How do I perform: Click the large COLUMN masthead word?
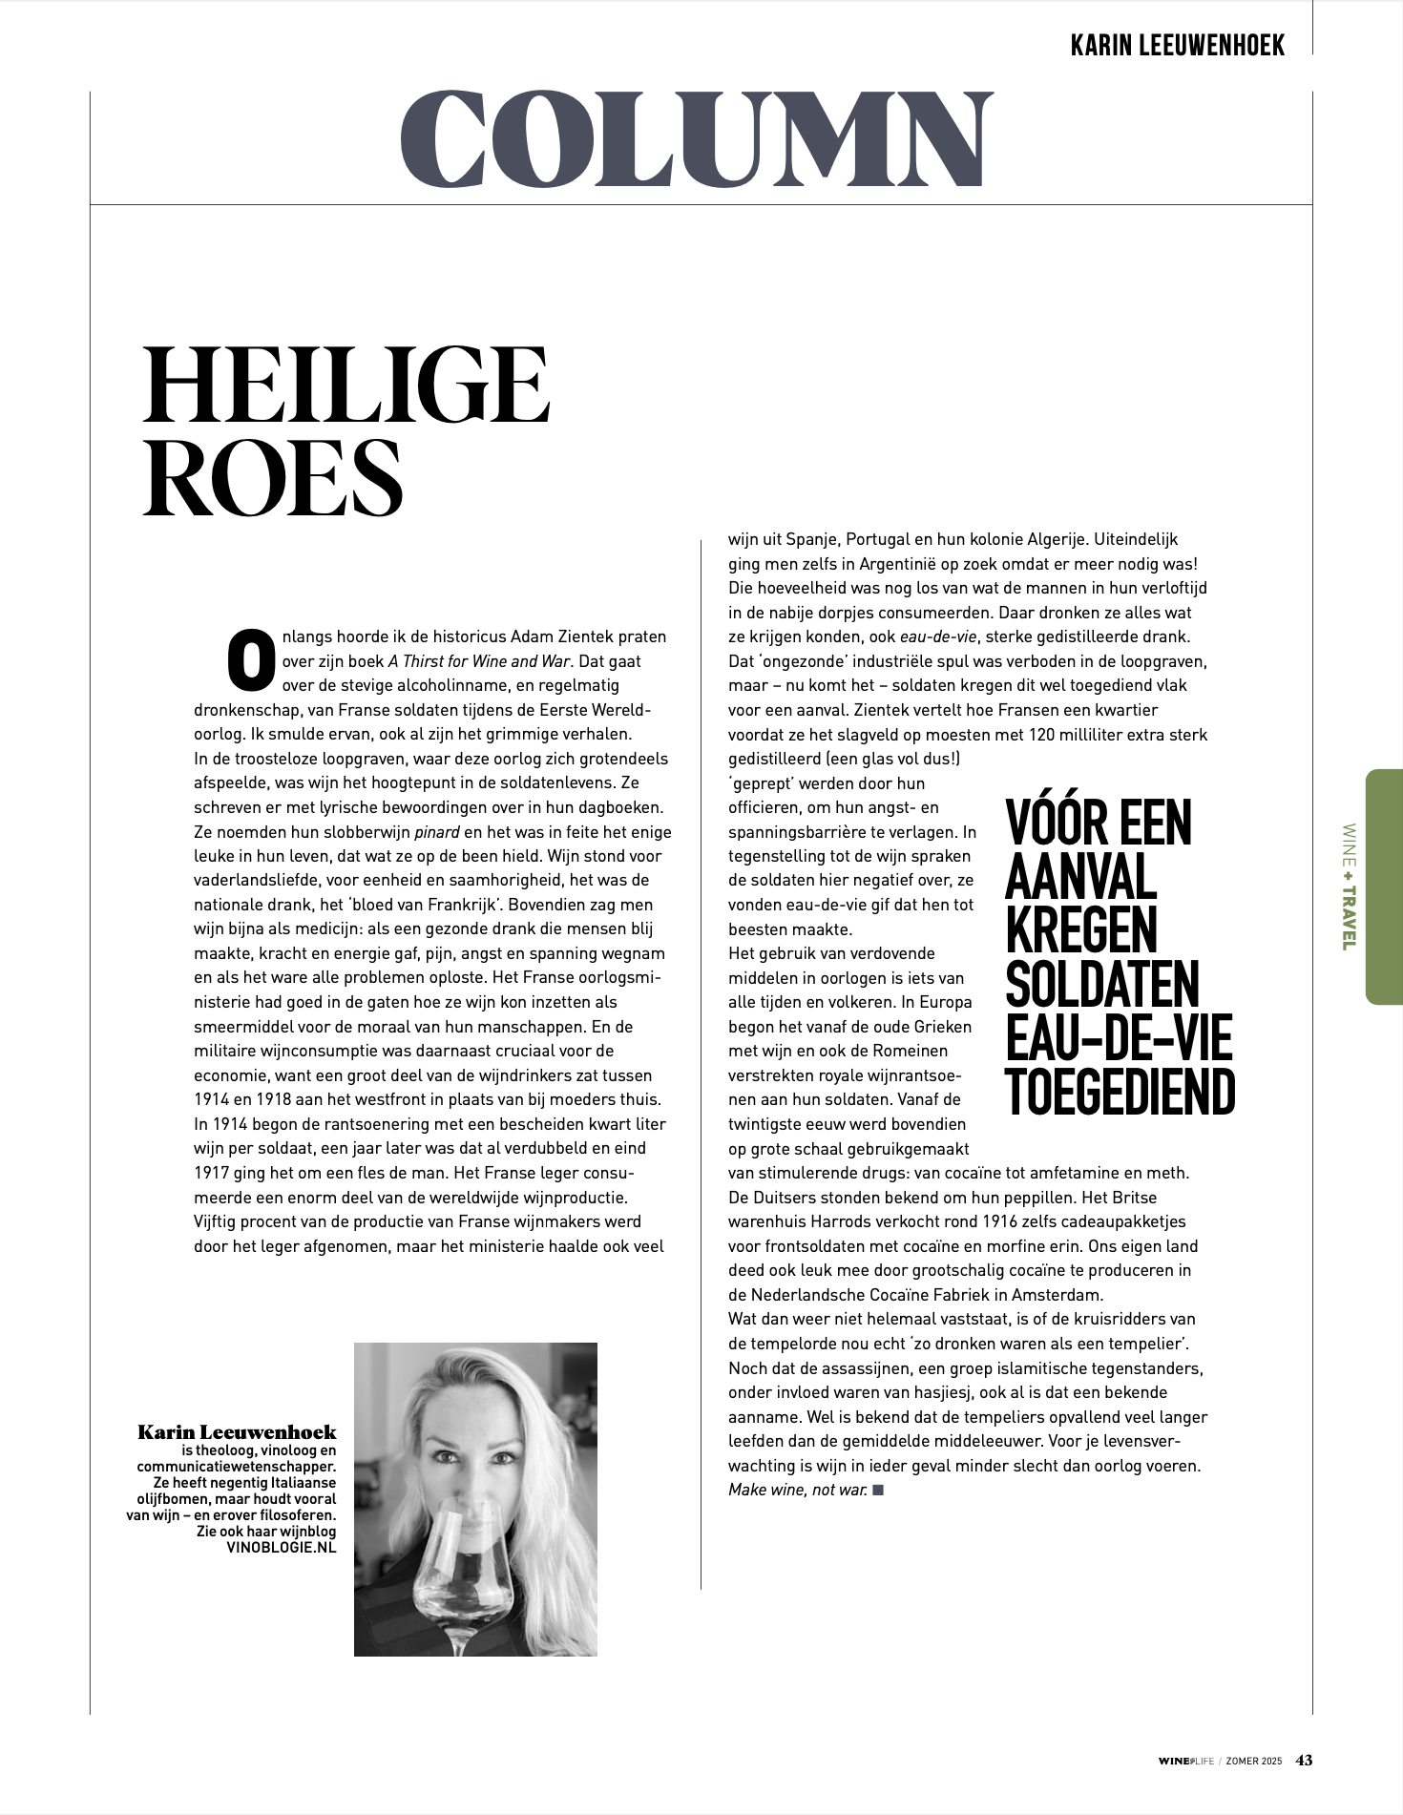[x=696, y=139]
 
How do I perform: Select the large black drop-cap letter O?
[x=251, y=658]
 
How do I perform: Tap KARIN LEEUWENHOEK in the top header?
[x=1178, y=44]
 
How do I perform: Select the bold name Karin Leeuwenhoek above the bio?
[x=237, y=1431]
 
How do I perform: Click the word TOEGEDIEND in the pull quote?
[x=1120, y=1093]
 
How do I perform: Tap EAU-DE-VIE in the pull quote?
[x=1119, y=1038]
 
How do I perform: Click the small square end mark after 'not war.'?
[x=878, y=1490]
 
